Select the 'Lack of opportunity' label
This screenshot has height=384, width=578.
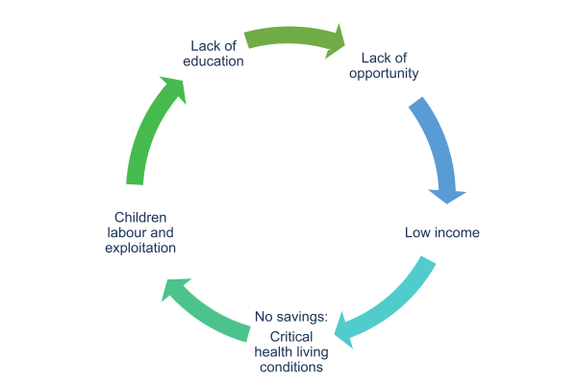383,65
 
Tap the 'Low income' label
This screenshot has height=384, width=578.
442,233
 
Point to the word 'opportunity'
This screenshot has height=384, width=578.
383,73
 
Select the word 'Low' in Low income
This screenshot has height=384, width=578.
418,233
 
